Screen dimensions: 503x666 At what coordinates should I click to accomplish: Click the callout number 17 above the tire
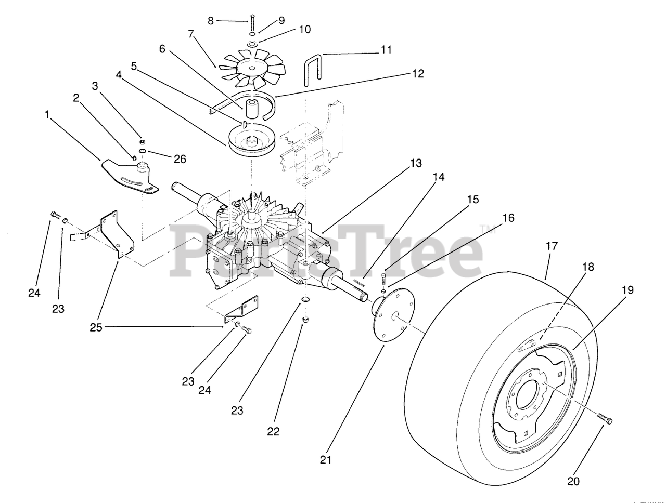[x=552, y=246]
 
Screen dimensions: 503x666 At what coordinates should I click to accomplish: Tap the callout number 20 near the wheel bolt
[x=573, y=481]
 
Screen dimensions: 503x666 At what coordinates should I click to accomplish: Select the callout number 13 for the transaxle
[x=416, y=163]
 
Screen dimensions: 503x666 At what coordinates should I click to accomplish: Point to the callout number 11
[x=386, y=50]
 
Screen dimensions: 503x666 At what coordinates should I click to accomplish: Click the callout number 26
[x=180, y=159]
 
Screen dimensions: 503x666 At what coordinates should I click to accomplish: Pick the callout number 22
[x=273, y=431]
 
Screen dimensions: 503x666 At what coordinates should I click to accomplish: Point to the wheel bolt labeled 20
[x=604, y=417]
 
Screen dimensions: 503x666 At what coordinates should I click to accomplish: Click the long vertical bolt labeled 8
[x=251, y=22]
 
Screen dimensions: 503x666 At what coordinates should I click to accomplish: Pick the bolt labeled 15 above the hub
[x=385, y=277]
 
